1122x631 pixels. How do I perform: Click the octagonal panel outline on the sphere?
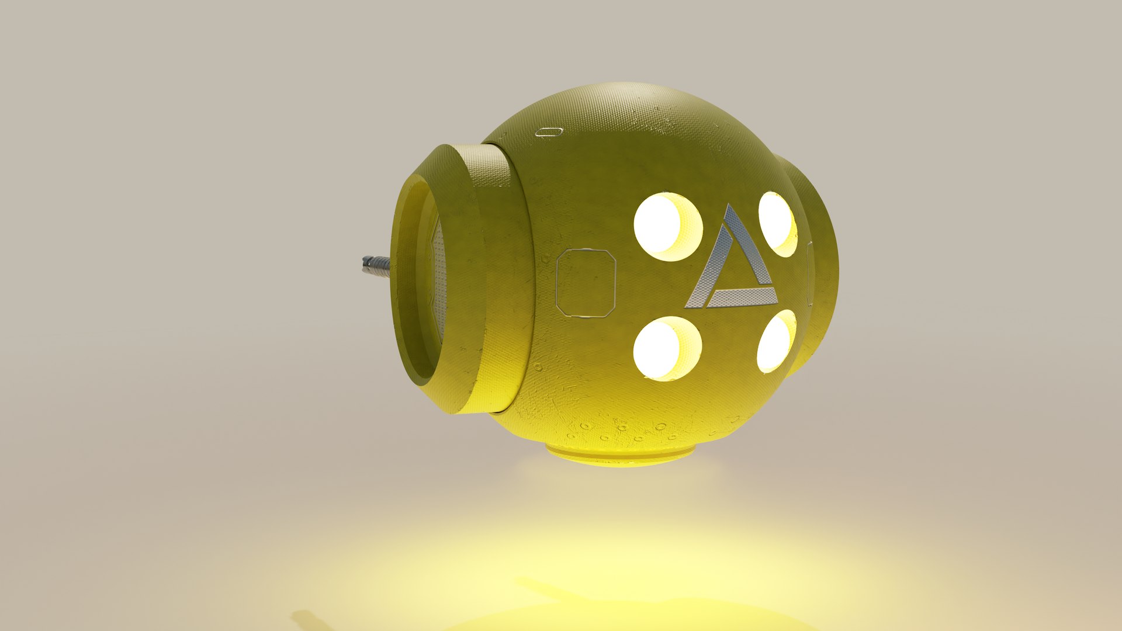click(x=586, y=283)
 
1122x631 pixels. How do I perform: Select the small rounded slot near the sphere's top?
click(x=549, y=131)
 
